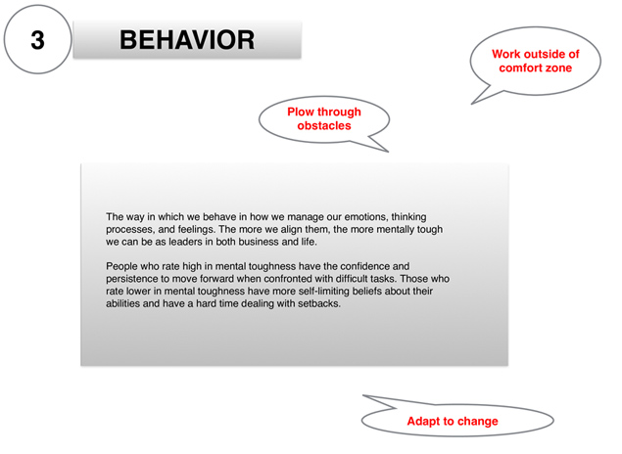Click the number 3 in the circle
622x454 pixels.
tap(37, 40)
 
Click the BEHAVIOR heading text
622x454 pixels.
tap(187, 40)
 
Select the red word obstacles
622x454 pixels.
tap(324, 125)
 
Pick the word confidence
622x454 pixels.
tap(364, 266)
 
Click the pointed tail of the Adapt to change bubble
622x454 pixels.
tap(363, 395)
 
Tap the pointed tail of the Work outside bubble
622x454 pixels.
tap(472, 104)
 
